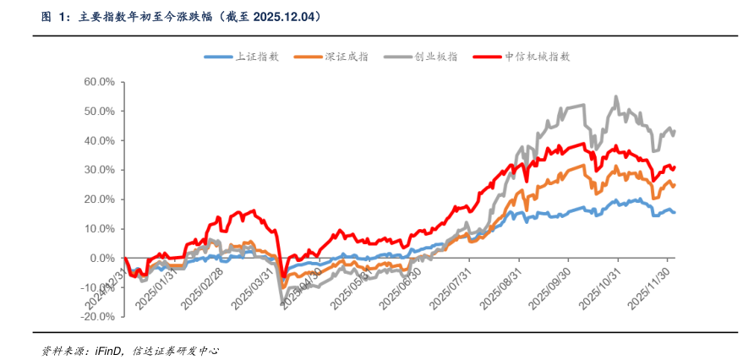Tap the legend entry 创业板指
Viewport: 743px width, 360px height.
coord(436,57)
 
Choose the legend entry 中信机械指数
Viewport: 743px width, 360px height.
coord(538,57)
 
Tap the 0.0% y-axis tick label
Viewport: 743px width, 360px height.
coord(101,258)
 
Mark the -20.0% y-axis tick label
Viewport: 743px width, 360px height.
coord(97,317)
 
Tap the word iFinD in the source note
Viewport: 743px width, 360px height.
coord(106,349)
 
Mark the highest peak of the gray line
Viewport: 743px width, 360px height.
coord(615,96)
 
